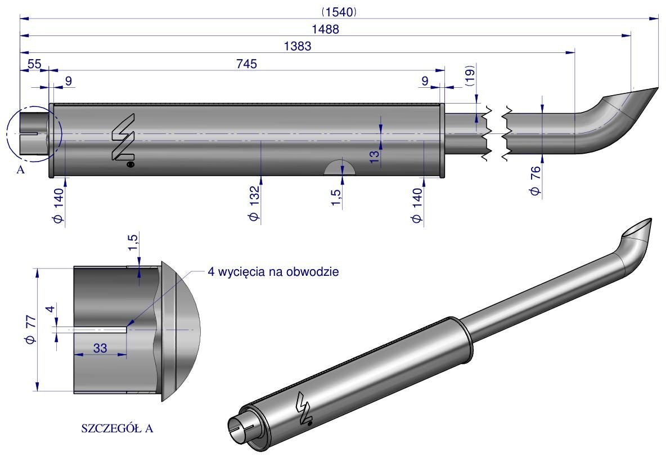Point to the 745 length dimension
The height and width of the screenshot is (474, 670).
point(246,64)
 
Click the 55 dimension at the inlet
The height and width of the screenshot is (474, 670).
point(34,64)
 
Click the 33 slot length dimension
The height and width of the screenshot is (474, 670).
point(100,348)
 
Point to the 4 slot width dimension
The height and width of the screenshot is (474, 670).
point(50,309)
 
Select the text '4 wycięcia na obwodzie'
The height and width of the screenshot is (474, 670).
point(273,272)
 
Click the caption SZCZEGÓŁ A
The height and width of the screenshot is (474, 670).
point(118,428)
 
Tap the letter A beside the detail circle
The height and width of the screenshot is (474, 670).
point(20,171)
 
